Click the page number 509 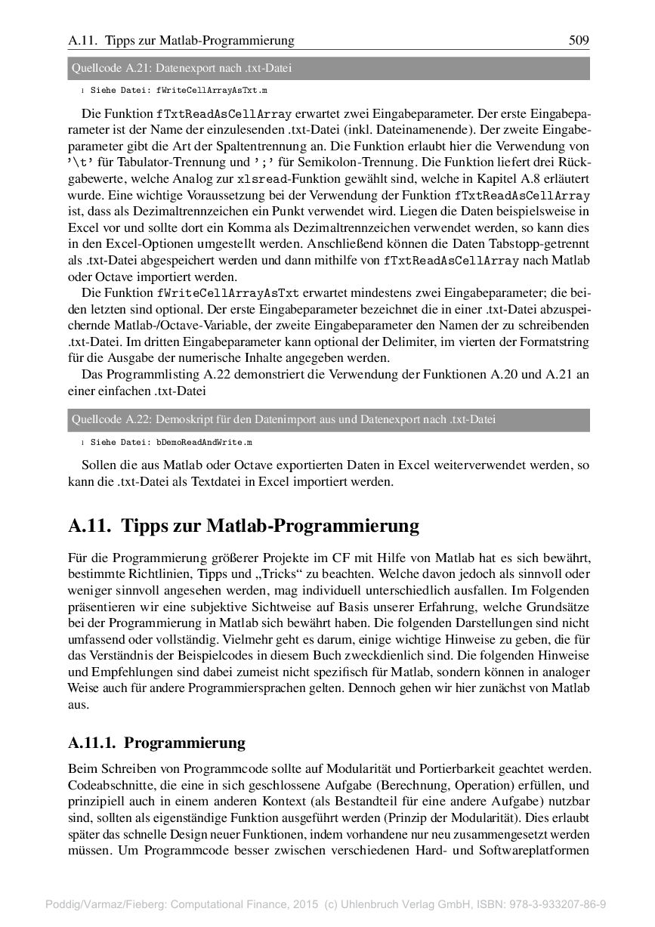coord(579,39)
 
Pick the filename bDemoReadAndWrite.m coord(204,442)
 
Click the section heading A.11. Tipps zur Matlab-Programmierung coord(243,525)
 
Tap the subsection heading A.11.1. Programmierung coord(156,742)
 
